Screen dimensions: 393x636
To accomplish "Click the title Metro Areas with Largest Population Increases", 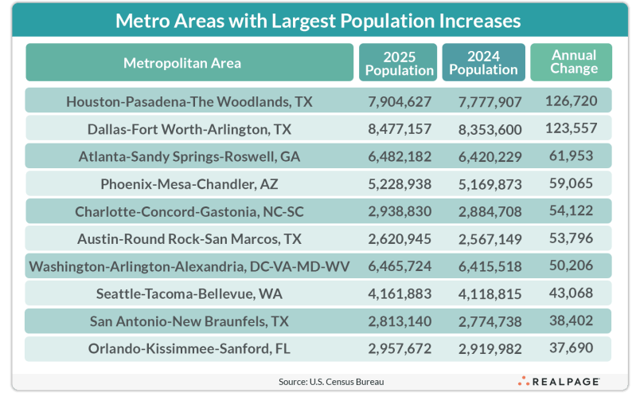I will (x=318, y=19).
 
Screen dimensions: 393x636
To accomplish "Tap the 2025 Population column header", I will (x=399, y=63).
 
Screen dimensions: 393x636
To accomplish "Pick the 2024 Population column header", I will (x=483, y=63).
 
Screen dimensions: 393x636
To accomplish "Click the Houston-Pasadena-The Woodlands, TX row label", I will (x=189, y=101).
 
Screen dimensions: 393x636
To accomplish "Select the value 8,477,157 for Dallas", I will (x=400, y=128).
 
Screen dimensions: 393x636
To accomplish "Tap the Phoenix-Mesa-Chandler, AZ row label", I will (x=189, y=184).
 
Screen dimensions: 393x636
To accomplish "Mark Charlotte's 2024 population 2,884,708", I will (x=487, y=211).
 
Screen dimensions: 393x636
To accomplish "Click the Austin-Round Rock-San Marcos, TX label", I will (x=189, y=238).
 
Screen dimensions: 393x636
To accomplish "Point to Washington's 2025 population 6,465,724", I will (x=400, y=265).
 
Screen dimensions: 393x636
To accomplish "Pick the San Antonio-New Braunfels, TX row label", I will (x=189, y=321).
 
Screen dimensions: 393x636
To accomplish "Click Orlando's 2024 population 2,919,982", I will (x=487, y=348).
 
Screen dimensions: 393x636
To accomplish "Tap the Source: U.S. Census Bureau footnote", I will (x=331, y=382).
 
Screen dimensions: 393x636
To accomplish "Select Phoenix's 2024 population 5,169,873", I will (x=487, y=184).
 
